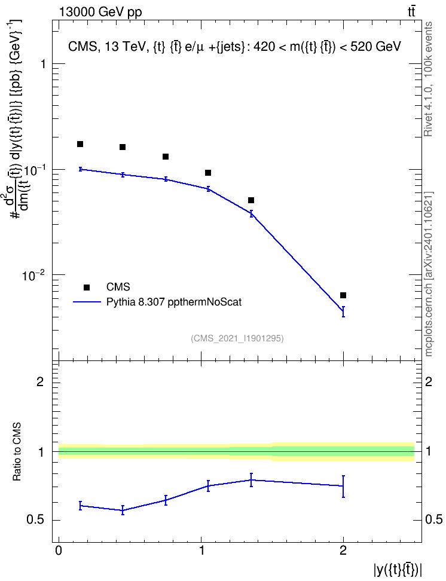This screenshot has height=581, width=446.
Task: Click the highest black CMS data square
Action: pyautogui.click(x=80, y=144)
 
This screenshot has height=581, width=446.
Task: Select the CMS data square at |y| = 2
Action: pyautogui.click(x=343, y=295)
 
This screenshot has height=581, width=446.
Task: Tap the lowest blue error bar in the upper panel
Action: pyautogui.click(x=343, y=311)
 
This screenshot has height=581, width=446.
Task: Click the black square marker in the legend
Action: pyautogui.click(x=87, y=287)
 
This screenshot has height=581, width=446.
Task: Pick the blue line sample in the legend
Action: pyautogui.click(x=87, y=302)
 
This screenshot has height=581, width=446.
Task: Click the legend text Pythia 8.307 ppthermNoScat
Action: pyautogui.click(x=174, y=302)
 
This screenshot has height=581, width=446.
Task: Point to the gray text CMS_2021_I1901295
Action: pyautogui.click(x=237, y=338)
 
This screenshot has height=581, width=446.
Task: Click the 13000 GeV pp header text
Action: pyautogui.click(x=100, y=12)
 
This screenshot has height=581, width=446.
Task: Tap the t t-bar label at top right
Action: pyautogui.click(x=411, y=12)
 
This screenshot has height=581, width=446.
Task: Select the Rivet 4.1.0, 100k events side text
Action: pyautogui.click(x=428, y=79)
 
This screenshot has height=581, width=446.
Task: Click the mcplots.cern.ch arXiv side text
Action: pyautogui.click(x=428, y=274)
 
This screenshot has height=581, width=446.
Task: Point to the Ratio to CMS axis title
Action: pyautogui.click(x=17, y=452)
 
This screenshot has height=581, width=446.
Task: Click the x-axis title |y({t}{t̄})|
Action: pyautogui.click(x=398, y=570)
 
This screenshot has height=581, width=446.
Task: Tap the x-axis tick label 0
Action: pyautogui.click(x=59, y=551)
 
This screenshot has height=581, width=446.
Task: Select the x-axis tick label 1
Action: pyautogui.click(x=201, y=551)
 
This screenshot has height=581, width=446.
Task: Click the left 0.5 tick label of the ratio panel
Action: pyautogui.click(x=36, y=520)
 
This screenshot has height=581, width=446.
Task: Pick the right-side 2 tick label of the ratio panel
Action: pyautogui.click(x=429, y=381)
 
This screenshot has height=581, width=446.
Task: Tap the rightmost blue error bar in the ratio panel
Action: pyautogui.click(x=343, y=486)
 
